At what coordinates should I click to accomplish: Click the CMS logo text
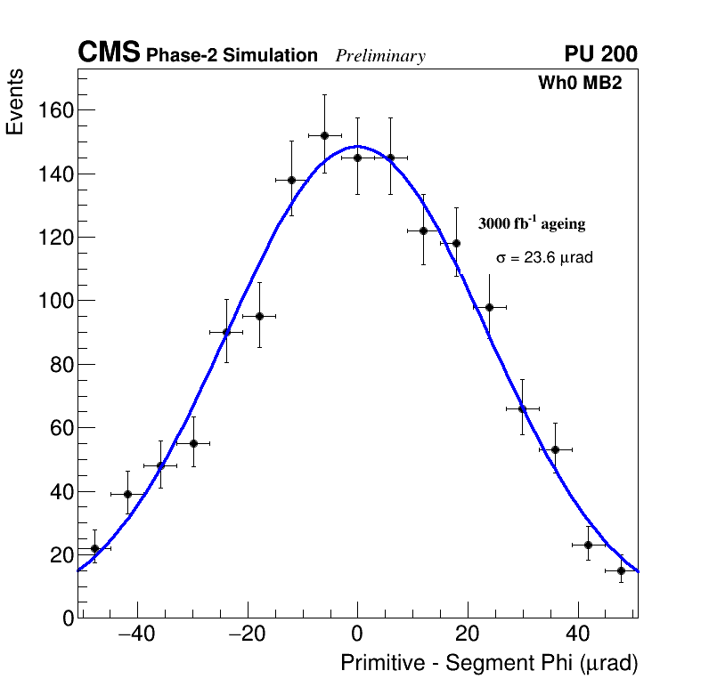109,53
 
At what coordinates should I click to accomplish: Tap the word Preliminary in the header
380,56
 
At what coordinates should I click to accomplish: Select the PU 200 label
600,54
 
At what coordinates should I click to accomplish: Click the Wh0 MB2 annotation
579,84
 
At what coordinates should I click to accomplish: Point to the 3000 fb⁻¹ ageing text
532,223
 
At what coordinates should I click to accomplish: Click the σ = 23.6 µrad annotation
544,258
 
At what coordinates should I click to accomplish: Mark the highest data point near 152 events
324,135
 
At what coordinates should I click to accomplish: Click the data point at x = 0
357,158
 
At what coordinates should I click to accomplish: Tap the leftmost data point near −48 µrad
94,548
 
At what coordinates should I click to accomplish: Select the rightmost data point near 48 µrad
621,570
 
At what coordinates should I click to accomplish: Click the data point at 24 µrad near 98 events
489,307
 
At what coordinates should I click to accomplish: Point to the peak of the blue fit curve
357,146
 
